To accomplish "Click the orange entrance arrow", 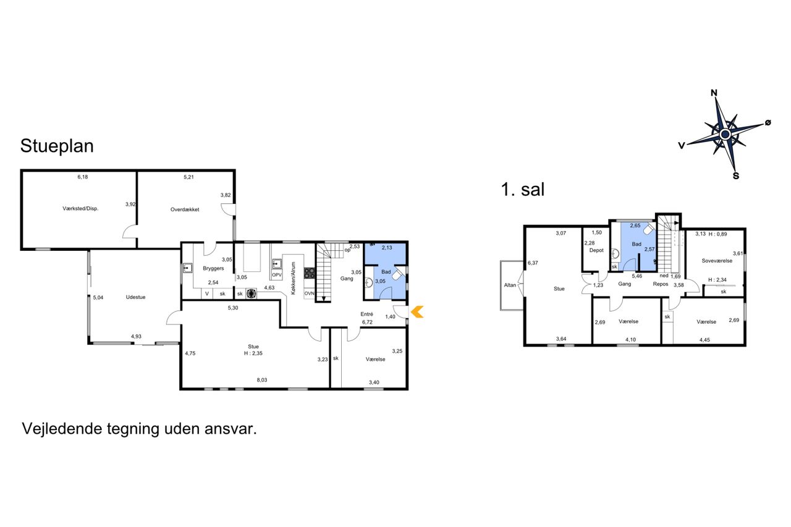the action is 417,312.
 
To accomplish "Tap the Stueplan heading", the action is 57,146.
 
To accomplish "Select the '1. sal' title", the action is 523,190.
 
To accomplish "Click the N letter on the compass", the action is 714,93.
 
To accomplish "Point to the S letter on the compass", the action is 736,176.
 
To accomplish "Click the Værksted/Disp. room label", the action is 80,209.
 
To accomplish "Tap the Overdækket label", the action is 185,209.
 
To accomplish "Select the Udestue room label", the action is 135,297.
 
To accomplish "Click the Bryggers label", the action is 213,269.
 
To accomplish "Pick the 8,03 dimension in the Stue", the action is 261,380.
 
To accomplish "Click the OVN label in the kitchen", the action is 309,293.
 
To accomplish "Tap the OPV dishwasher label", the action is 277,275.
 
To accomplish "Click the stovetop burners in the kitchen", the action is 310,273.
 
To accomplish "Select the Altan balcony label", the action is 510,285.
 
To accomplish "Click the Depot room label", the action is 596,250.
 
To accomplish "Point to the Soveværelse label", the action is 717,261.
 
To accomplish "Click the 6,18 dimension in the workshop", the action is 83,177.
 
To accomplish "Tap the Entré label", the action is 366,314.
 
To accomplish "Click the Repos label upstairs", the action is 661,284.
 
